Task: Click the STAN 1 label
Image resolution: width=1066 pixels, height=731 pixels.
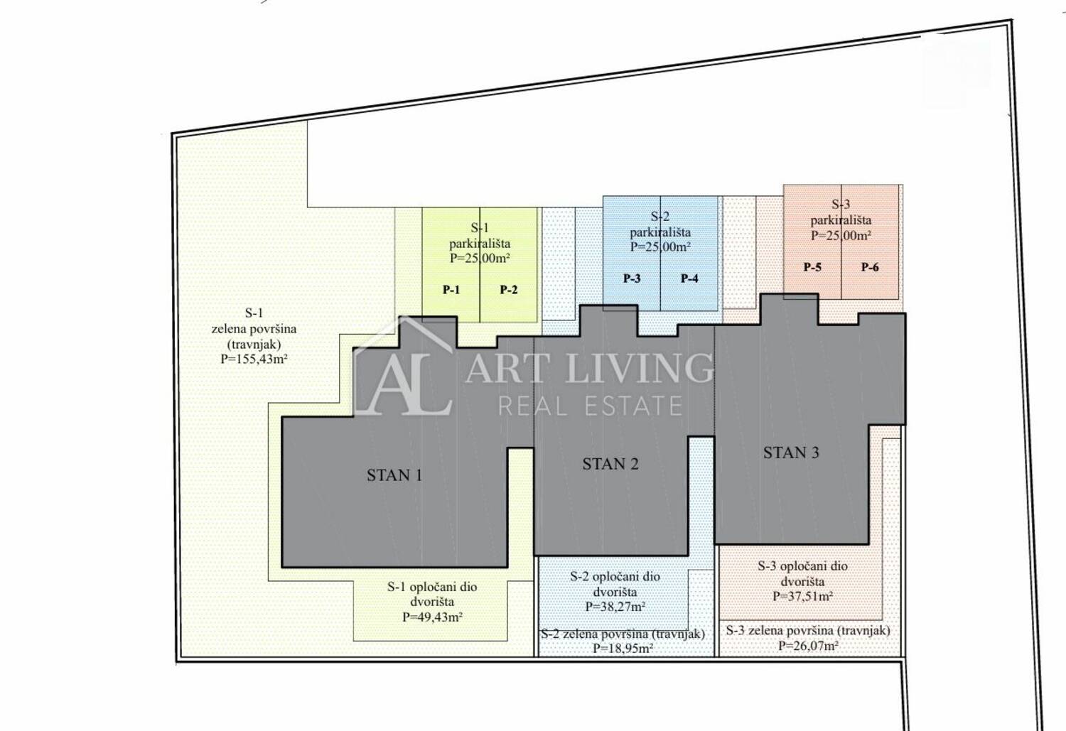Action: pyautogui.click(x=394, y=475)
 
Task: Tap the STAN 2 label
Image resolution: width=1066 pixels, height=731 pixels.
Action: pyautogui.click(x=610, y=464)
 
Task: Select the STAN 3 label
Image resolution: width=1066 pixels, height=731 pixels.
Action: pyautogui.click(x=791, y=453)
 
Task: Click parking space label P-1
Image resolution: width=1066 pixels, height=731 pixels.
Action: pyautogui.click(x=451, y=290)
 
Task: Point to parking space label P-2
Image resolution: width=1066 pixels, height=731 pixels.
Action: pyautogui.click(x=509, y=290)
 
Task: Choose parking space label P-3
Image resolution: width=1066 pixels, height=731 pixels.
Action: pyautogui.click(x=632, y=278)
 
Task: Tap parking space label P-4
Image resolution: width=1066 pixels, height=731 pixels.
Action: pyautogui.click(x=689, y=278)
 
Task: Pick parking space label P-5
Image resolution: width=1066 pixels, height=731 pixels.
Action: pyautogui.click(x=812, y=267)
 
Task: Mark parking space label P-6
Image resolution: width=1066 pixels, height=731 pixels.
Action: pyautogui.click(x=870, y=267)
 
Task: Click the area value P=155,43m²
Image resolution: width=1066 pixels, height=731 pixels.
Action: pyautogui.click(x=254, y=359)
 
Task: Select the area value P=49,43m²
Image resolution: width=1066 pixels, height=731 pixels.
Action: pyautogui.click(x=432, y=617)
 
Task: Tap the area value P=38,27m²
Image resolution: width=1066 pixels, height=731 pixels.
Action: pyautogui.click(x=615, y=607)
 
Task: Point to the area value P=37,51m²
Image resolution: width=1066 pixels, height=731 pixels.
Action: pyautogui.click(x=802, y=596)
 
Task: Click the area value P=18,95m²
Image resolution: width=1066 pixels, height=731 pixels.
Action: pyautogui.click(x=623, y=648)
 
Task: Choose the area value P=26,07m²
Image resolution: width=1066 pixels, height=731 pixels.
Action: pyautogui.click(x=808, y=645)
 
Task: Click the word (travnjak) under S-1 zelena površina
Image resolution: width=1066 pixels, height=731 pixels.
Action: pyautogui.click(x=254, y=344)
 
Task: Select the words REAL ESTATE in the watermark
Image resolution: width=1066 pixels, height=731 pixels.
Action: pyautogui.click(x=590, y=406)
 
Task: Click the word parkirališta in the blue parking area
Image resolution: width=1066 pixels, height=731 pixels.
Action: pyautogui.click(x=660, y=232)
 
